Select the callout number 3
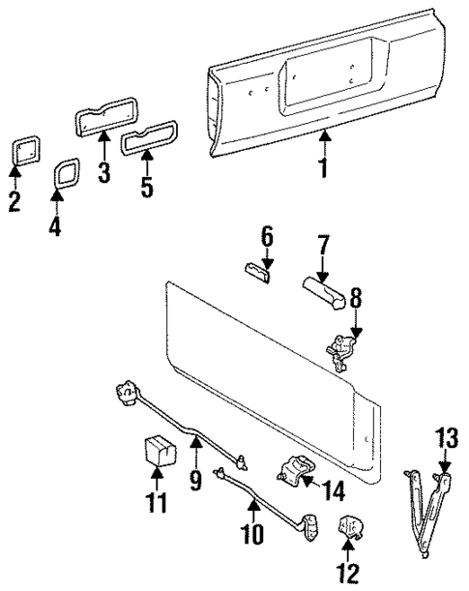104,174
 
